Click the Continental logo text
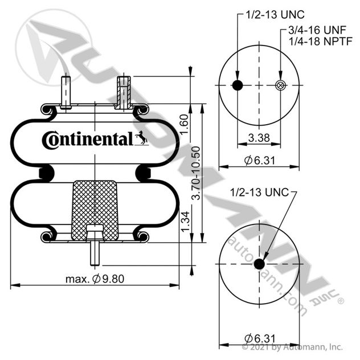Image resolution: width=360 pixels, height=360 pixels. [88, 140]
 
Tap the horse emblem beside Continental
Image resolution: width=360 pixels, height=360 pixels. [141, 138]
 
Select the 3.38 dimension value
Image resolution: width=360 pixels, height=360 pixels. [259, 138]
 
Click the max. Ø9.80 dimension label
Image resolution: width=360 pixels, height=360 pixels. [95, 279]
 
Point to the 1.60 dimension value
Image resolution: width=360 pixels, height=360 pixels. [184, 124]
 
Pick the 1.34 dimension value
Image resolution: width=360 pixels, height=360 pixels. [185, 222]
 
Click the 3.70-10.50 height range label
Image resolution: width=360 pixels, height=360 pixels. [196, 173]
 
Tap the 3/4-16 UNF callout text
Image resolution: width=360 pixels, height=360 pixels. [317, 30]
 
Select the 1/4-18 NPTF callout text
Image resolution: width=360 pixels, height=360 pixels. [321, 42]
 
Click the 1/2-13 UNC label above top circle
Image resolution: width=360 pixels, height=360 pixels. [275, 15]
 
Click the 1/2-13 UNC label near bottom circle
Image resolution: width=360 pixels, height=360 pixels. [259, 192]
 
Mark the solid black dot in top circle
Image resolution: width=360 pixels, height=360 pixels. [238, 85]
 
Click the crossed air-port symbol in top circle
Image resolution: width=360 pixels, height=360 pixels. [280, 85]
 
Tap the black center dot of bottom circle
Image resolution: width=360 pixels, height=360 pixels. [259, 264]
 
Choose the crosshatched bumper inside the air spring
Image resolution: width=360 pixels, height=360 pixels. [95, 211]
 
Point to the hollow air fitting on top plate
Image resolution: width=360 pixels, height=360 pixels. [124, 92]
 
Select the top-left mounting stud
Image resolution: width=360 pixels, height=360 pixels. [66, 92]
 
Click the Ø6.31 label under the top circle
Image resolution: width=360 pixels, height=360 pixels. [259, 160]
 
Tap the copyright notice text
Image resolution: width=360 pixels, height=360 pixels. [292, 347]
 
